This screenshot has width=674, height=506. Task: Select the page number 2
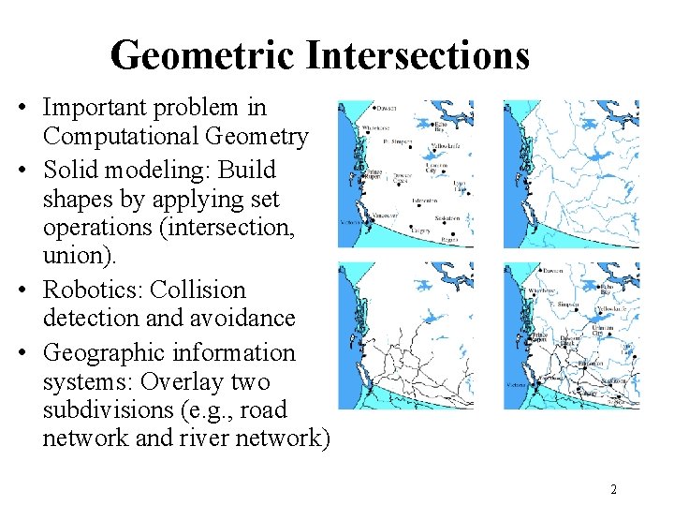point(613,489)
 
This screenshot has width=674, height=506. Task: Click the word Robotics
point(89,290)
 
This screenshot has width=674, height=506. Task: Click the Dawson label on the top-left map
point(388,108)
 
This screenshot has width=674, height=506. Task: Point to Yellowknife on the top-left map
point(444,147)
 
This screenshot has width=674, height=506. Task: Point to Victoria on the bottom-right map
point(517,384)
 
